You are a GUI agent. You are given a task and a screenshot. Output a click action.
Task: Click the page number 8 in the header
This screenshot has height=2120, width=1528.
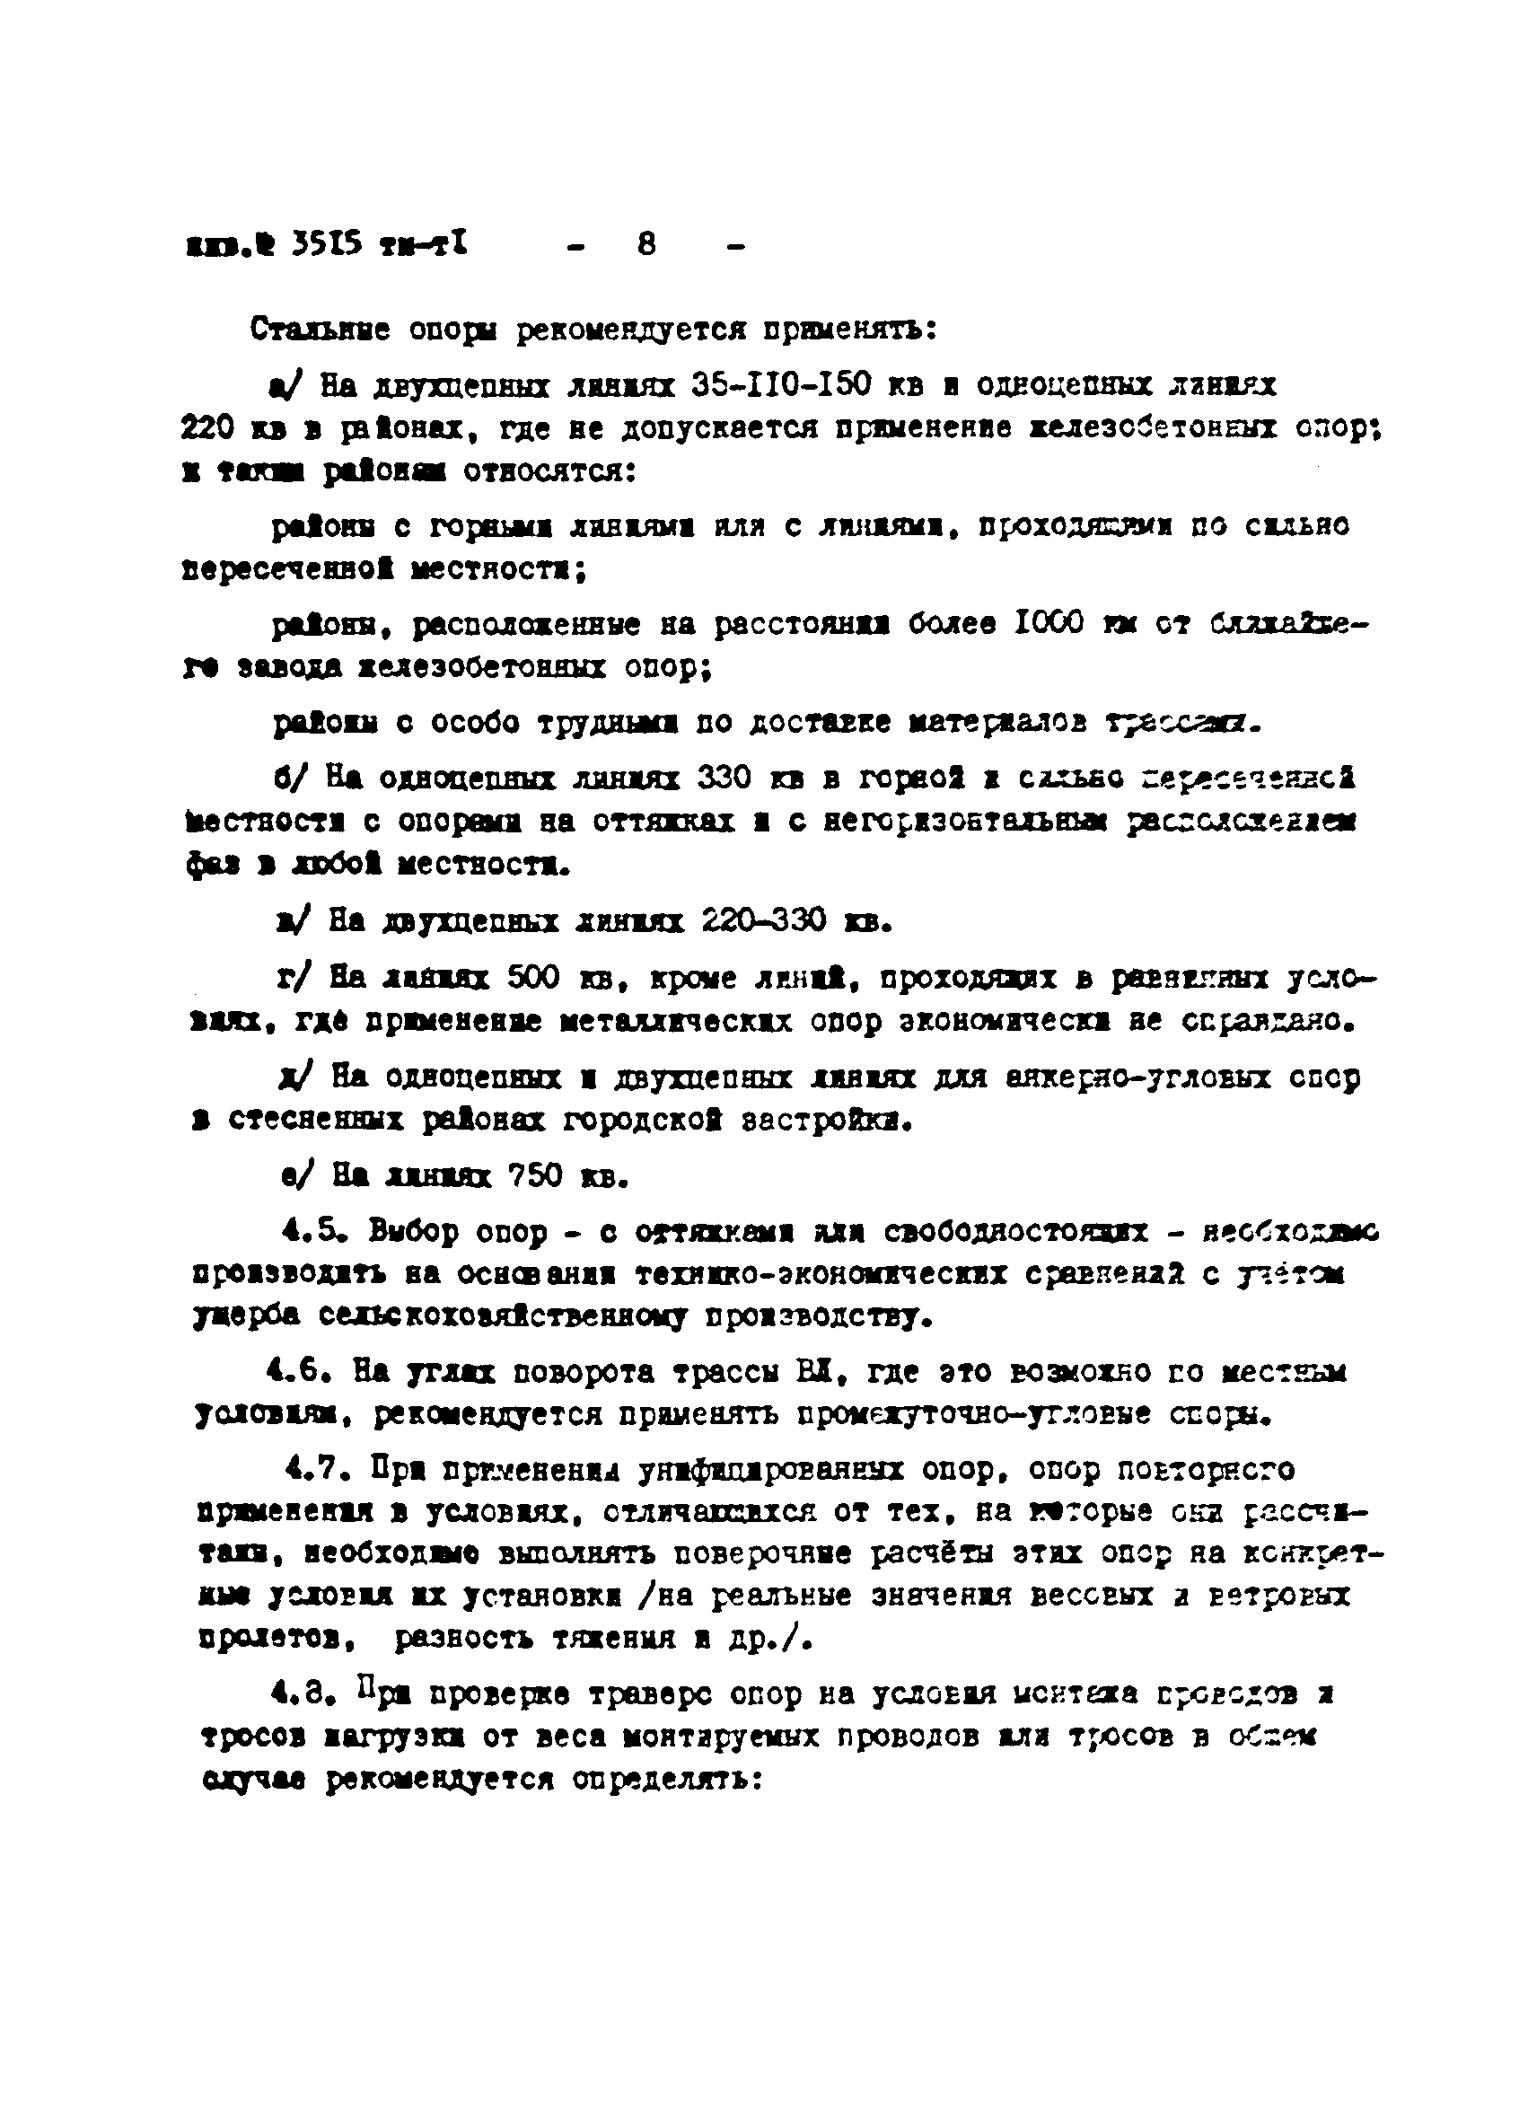tap(645, 245)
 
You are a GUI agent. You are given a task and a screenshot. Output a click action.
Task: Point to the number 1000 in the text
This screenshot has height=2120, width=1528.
tap(1049, 623)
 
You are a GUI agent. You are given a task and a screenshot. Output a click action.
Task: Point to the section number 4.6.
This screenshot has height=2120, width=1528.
tap(298, 1373)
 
